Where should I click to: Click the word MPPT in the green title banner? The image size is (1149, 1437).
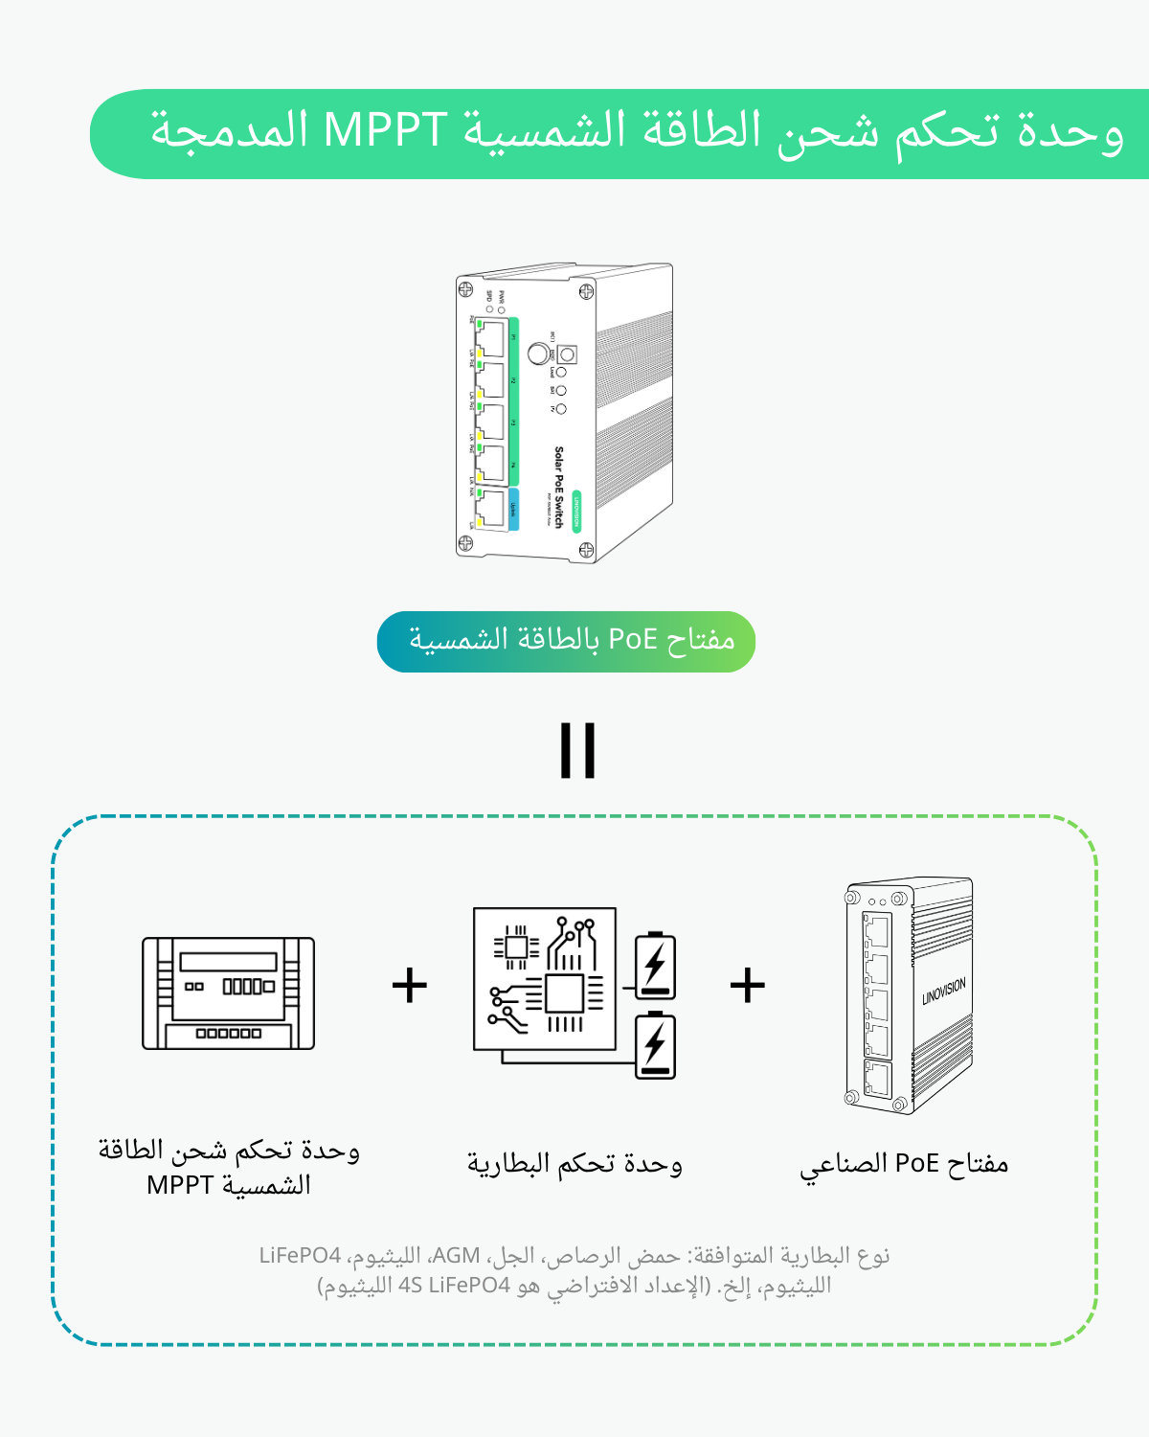pos(386,130)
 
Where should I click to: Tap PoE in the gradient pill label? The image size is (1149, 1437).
pos(633,639)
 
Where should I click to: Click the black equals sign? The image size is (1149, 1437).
pos(577,750)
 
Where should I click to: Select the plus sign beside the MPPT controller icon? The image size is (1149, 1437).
pos(410,985)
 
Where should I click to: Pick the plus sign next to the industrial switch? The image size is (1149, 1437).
pos(748,985)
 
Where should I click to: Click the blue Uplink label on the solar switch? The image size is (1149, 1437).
pos(513,509)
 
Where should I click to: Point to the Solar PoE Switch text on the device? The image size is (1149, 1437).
pos(559,487)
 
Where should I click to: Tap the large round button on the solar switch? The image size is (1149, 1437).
pos(538,354)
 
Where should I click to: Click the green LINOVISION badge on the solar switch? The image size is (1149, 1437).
pos(576,511)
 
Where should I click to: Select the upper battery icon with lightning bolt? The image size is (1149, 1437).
pos(656,966)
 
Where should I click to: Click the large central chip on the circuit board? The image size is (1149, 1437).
pos(565,994)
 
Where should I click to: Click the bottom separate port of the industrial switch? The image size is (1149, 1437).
pos(877,1079)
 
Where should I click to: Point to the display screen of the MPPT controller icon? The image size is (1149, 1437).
pos(228,962)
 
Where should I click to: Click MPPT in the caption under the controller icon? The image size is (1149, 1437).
pos(180,1186)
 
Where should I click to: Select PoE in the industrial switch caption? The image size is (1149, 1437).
pos(916,1163)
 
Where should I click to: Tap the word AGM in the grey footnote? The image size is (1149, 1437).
pos(457,1255)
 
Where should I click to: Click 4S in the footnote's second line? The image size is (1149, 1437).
pos(411,1286)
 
